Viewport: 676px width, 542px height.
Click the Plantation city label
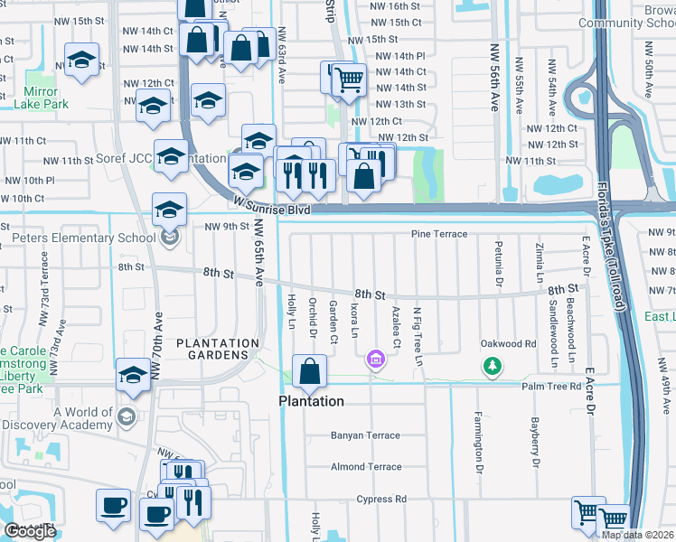310,401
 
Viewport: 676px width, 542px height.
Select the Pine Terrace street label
439,234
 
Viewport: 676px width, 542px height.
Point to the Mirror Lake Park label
42,98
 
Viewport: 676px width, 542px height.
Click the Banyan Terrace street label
365,435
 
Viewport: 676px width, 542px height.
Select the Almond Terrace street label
365,467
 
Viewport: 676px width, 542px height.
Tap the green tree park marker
491,366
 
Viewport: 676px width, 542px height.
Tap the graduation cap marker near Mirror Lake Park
82,61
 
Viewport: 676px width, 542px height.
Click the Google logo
30,530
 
